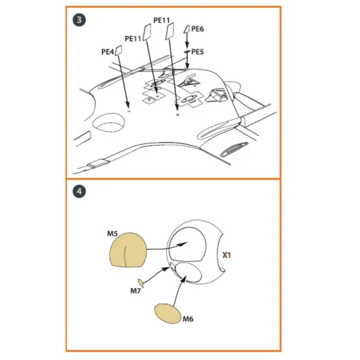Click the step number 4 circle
[x=79, y=192]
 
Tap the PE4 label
[x=108, y=51]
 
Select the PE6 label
[x=198, y=29]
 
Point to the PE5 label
[x=198, y=51]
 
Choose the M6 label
[x=188, y=319]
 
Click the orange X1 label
[x=226, y=255]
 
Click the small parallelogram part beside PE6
[x=187, y=29]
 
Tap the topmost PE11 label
[x=162, y=20]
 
